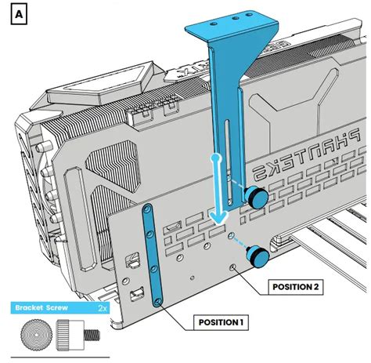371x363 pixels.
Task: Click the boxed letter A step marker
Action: [19, 14]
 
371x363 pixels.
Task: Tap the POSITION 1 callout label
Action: [221, 322]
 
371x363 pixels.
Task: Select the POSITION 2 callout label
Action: [296, 287]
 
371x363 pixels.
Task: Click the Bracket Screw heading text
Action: [41, 307]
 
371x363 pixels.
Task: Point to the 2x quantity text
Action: [103, 308]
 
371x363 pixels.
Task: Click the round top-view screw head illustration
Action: [37, 335]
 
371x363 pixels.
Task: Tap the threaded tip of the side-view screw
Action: [92, 335]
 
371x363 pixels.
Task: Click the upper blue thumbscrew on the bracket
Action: [257, 198]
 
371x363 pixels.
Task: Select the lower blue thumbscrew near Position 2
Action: [258, 256]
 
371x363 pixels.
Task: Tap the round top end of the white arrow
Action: [216, 158]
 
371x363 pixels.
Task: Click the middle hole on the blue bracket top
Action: [236, 18]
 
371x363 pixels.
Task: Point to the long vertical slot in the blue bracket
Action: [229, 162]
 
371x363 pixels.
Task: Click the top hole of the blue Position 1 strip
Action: [147, 209]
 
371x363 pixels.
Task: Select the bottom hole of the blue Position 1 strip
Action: [157, 302]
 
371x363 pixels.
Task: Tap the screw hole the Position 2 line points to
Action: [232, 267]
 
